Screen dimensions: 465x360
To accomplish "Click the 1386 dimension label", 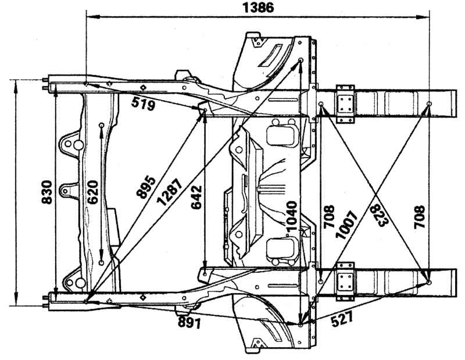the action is [258, 8].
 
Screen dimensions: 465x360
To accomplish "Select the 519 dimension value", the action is [143, 104].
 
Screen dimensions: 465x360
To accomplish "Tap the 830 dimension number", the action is [47, 192].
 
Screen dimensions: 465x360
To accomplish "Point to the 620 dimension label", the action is [93, 192].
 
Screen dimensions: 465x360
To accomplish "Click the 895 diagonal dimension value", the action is [146, 187].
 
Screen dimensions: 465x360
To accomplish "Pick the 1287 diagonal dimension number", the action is [169, 192].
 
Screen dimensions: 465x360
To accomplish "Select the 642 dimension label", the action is [196, 197].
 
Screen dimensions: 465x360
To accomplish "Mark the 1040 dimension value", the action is [292, 216].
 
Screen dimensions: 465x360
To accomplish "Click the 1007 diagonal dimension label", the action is [346, 224].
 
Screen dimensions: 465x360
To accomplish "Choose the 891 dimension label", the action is [189, 322].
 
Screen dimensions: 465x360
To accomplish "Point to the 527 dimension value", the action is [342, 319].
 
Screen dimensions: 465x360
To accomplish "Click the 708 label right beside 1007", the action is [329, 217].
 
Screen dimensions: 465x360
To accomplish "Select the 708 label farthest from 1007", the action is [419, 217].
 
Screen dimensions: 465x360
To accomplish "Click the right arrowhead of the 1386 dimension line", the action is [425, 17].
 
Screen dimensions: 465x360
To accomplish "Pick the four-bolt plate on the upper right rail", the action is [345, 104].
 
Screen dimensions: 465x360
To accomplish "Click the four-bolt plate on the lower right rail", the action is [345, 281].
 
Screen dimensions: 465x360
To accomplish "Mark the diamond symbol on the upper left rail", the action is [143, 87].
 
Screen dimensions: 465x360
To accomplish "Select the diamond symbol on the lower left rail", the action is [143, 297].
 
